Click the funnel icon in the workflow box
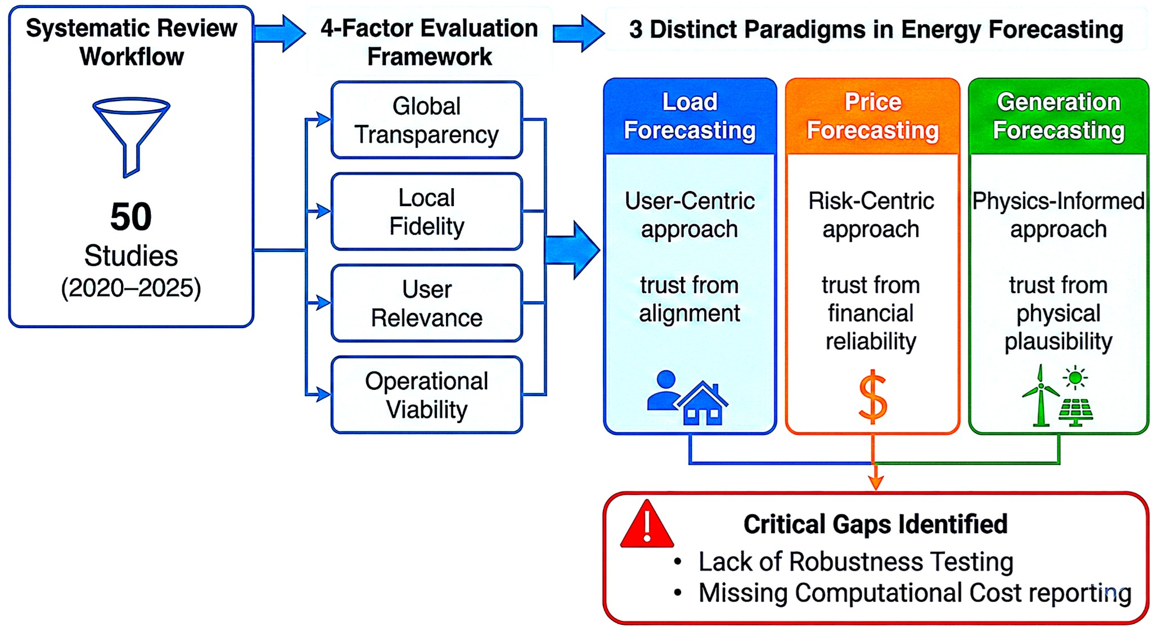point(131,135)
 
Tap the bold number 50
point(131,216)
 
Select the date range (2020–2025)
point(131,288)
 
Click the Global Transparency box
point(427,120)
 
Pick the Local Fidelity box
point(427,212)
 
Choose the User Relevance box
point(427,303)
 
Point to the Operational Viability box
point(427,395)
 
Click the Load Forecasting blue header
point(690,116)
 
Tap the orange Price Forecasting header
point(872,116)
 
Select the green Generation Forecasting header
point(1058,116)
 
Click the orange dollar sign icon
point(872,397)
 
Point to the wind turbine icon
point(1040,396)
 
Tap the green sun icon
point(1075,378)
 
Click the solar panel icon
point(1075,412)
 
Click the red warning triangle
point(647,526)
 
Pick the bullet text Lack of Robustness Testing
point(855,561)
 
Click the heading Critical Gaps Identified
point(875,524)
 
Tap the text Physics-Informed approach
point(1058,215)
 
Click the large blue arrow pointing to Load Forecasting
point(572,250)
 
